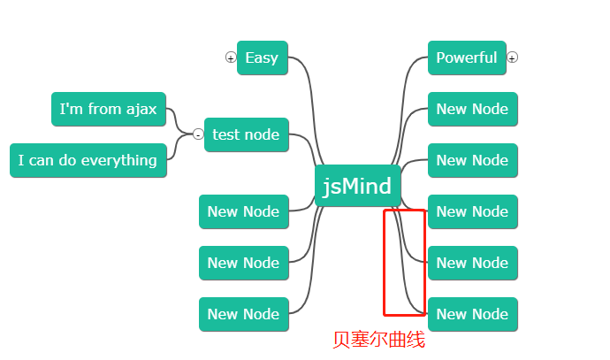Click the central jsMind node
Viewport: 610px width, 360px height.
tap(358, 186)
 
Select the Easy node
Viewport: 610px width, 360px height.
tap(262, 58)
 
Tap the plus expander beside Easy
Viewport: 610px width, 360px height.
tap(231, 57)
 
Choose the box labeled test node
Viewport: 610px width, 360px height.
tap(246, 134)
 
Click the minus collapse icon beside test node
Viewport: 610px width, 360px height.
tap(198, 134)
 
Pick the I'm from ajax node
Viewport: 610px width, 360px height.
tap(108, 110)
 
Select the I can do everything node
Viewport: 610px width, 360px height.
tap(88, 160)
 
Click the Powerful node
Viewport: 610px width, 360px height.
tap(466, 58)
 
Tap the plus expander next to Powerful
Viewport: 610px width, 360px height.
tap(513, 57)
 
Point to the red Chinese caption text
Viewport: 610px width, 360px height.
tap(378, 340)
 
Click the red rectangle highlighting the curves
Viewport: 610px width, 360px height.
tap(384, 265)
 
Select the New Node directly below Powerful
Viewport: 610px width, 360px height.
tap(472, 110)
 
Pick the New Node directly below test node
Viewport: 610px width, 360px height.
tap(243, 211)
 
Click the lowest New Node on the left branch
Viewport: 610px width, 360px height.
tap(243, 314)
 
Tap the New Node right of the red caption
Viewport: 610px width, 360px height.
tap(472, 314)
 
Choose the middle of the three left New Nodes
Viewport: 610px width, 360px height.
tap(243, 263)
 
